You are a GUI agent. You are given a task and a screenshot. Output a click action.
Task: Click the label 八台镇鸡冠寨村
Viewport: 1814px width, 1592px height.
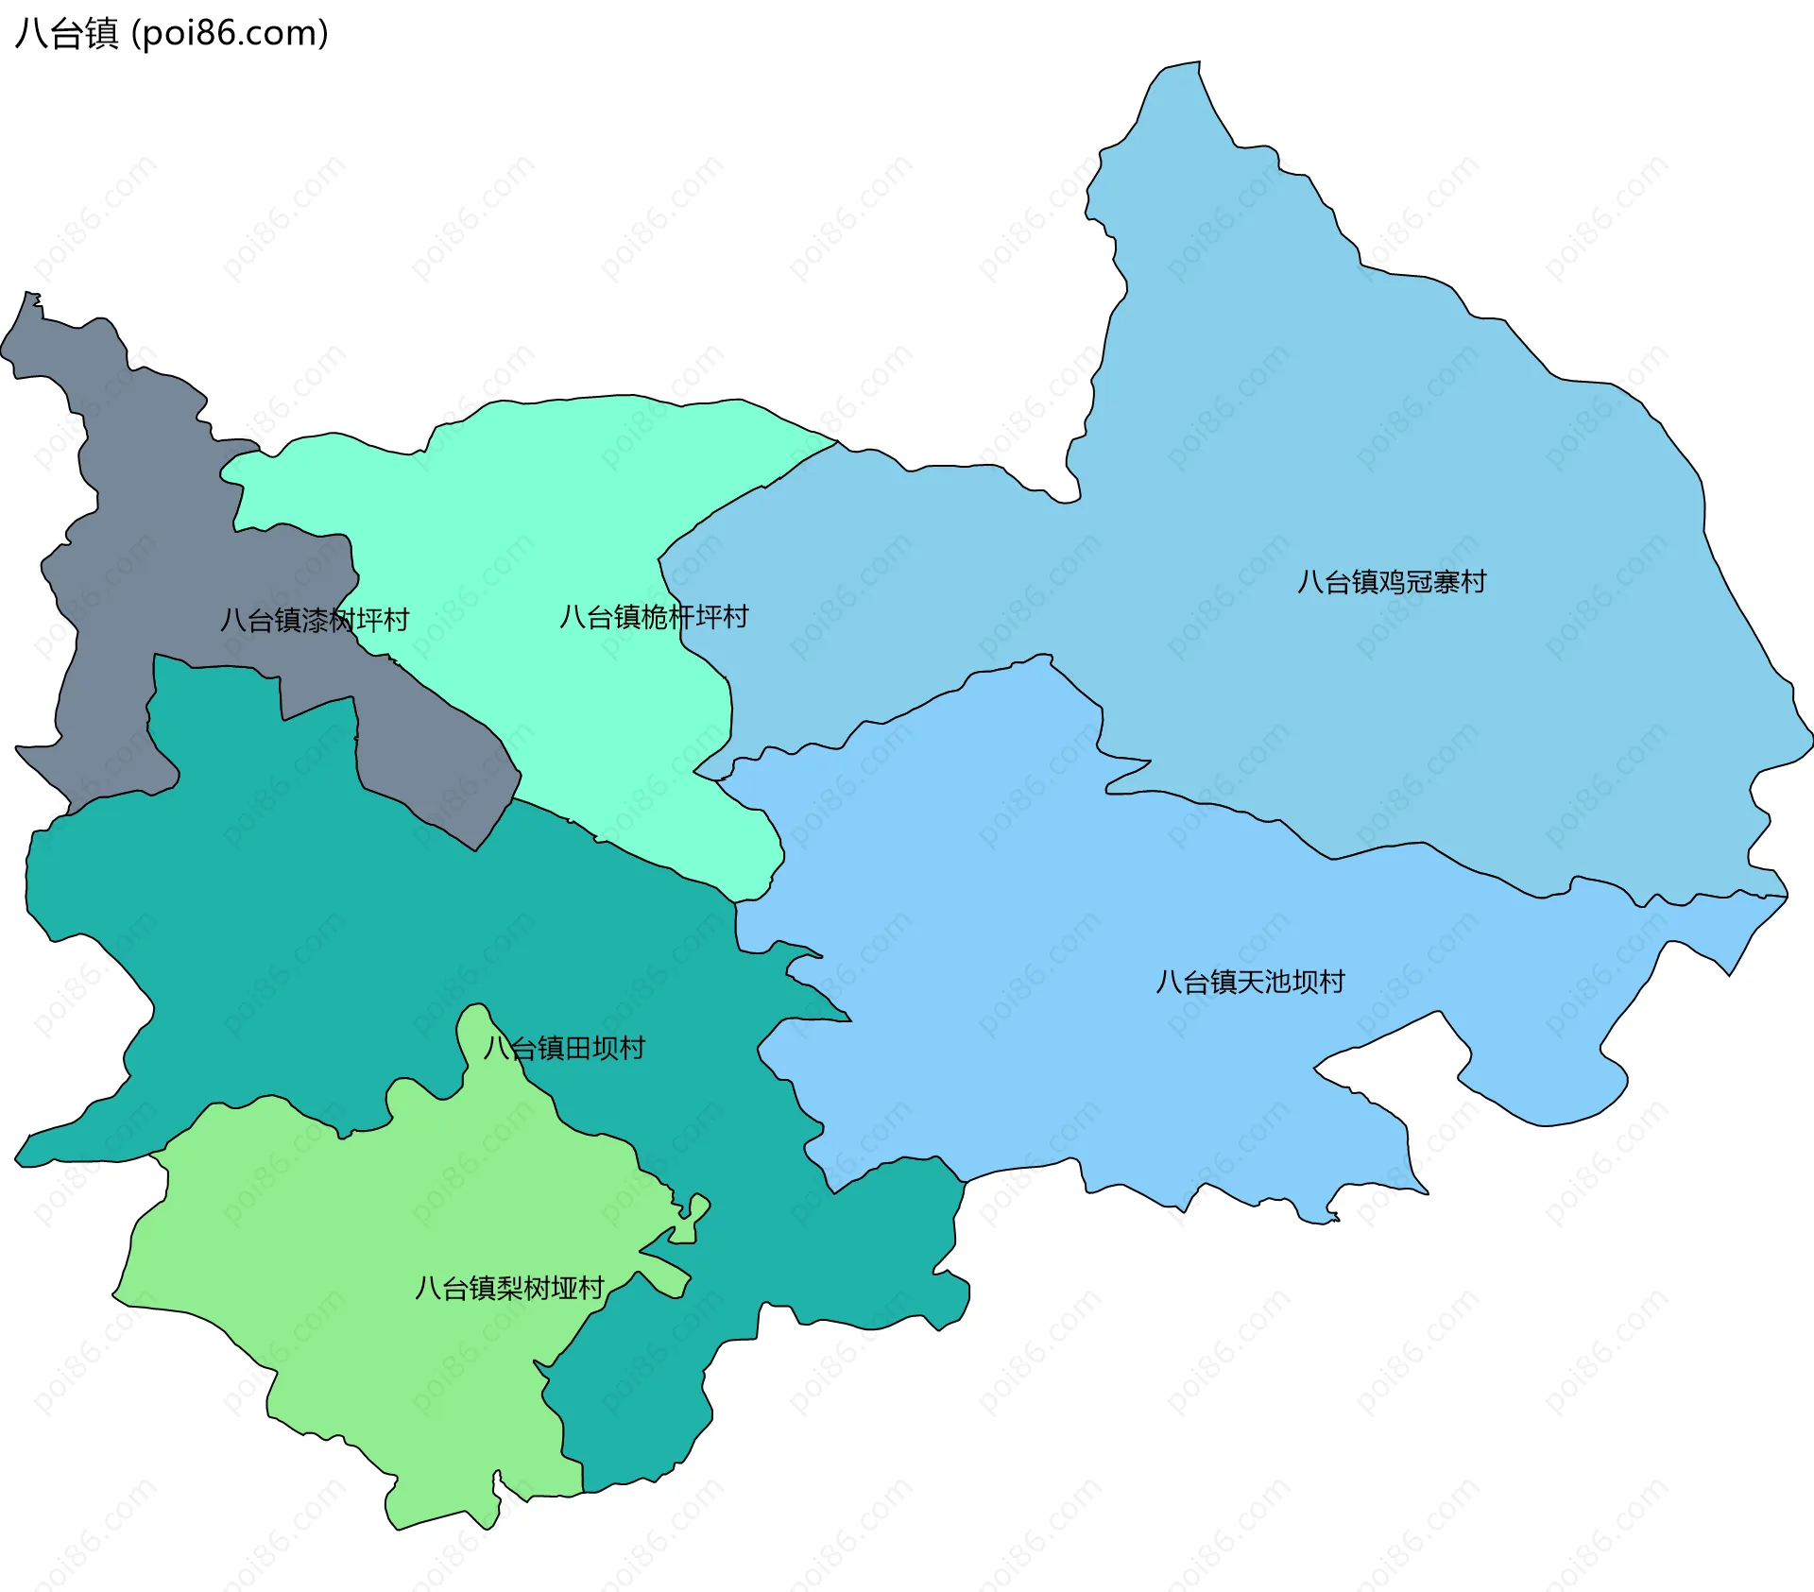click(1391, 582)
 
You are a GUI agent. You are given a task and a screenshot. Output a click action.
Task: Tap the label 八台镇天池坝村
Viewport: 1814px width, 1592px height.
click(1250, 983)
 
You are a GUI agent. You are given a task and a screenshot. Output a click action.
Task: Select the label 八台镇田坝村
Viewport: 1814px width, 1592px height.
click(564, 1048)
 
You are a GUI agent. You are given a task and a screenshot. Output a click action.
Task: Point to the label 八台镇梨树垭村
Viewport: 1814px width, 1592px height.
click(509, 1288)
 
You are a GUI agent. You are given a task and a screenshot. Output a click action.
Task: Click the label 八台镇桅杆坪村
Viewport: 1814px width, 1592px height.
click(654, 617)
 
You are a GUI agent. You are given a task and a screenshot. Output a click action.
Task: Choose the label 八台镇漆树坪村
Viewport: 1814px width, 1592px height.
click(314, 621)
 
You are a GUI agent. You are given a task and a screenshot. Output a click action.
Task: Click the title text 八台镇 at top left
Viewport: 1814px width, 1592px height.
click(66, 33)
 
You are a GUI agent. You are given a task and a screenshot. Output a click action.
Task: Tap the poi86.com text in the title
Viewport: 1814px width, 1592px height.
click(230, 33)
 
